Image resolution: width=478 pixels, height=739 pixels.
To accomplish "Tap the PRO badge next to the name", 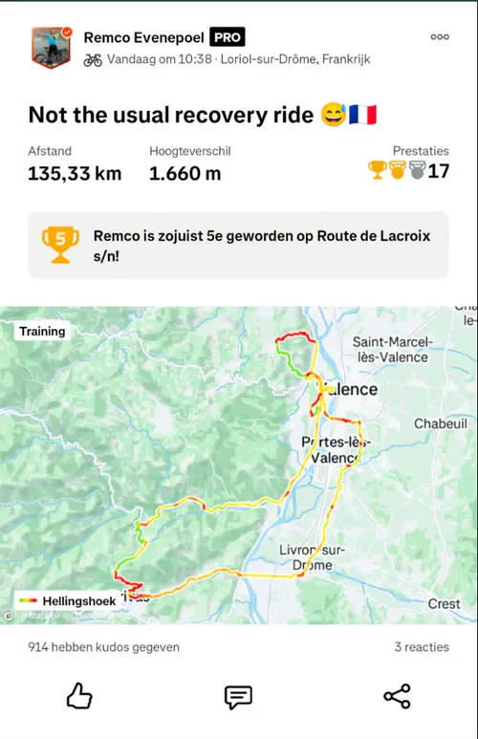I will point(228,37).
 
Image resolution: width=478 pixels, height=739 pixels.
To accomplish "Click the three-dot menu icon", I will point(440,37).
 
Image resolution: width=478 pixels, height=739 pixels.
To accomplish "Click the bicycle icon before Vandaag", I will point(93,59).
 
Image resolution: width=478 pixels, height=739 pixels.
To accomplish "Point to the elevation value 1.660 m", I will point(185,173).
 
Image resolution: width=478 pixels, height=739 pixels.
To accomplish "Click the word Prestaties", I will point(421,151).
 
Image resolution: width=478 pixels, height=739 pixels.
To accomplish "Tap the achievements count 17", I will point(439,171).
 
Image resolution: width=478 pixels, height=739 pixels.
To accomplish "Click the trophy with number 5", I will point(60,244).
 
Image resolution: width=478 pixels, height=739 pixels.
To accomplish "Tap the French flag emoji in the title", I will point(364,115).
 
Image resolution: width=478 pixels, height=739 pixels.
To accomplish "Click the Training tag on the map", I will point(42,332).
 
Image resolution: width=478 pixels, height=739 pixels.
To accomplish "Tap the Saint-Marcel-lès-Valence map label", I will point(393,349).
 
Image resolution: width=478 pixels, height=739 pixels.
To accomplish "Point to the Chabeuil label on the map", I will point(440,424).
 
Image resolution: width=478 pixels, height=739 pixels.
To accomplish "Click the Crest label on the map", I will point(444,604).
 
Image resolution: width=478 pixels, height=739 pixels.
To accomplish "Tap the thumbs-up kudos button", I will point(79,696).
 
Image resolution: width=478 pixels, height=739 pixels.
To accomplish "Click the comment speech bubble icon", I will point(238,696).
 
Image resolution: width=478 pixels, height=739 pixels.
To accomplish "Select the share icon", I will point(397,696).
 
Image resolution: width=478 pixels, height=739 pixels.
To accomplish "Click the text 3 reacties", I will point(422,647).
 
